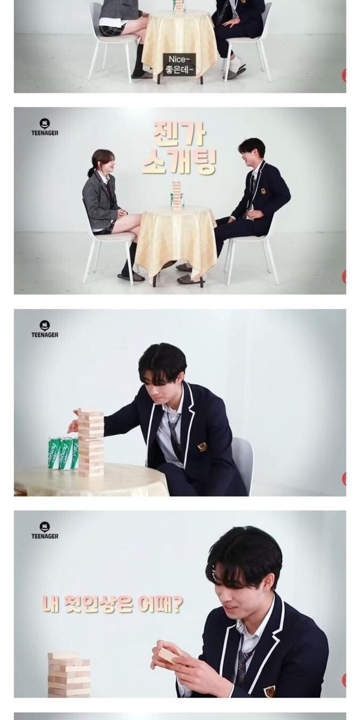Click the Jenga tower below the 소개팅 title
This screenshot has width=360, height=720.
[177, 195]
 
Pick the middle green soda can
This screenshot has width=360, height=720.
[67, 453]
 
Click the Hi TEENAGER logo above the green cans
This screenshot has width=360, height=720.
[44, 329]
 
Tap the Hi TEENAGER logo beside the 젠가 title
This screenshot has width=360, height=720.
[44, 127]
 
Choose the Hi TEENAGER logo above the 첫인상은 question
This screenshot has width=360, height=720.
[44, 530]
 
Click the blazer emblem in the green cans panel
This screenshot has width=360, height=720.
[202, 447]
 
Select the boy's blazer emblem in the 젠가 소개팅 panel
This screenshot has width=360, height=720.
[263, 191]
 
